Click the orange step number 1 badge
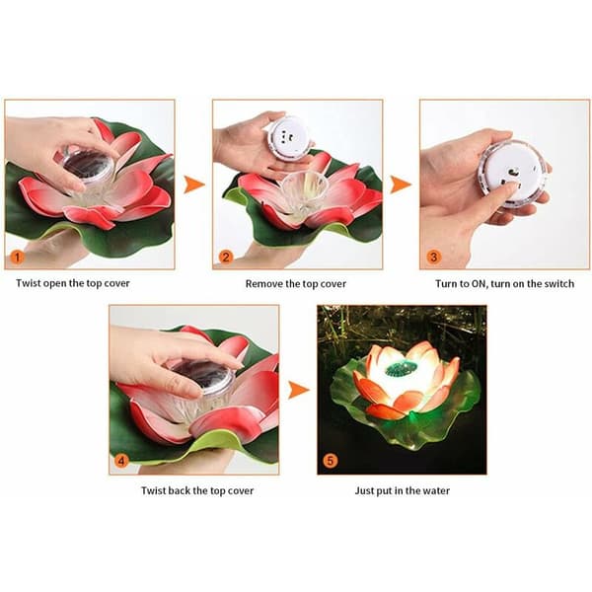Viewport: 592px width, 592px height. click(x=17, y=258)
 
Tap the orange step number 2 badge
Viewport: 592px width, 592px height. click(x=226, y=258)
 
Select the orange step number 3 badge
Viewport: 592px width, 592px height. click(x=434, y=258)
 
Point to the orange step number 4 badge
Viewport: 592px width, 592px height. click(x=121, y=461)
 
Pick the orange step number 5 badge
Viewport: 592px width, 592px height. click(x=331, y=461)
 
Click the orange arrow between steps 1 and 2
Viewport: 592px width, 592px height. click(x=194, y=185)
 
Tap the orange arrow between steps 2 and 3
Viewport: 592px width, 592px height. click(x=401, y=185)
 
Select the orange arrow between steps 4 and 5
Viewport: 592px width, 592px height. click(x=298, y=390)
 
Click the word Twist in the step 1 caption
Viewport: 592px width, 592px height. click(x=29, y=283)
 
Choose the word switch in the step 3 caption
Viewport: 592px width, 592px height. click(x=558, y=284)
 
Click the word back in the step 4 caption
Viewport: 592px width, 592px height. click(x=179, y=490)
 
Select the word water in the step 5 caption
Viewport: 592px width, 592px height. click(x=436, y=490)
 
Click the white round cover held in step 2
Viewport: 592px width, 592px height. click(x=288, y=138)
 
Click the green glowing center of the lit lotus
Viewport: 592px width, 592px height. click(x=401, y=368)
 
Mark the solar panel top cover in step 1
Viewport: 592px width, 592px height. click(x=89, y=166)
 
